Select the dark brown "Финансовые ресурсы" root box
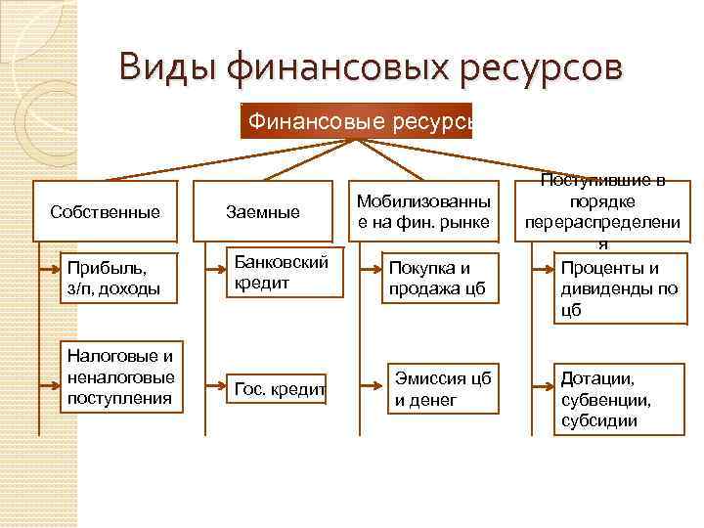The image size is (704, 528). coord(357,121)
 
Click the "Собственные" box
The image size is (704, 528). coord(106,211)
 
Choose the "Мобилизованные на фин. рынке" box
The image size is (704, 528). coord(422,210)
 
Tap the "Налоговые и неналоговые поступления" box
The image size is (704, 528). coord(120,376)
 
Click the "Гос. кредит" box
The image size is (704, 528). coord(278,389)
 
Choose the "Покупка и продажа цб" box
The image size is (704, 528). coord(436,278)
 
